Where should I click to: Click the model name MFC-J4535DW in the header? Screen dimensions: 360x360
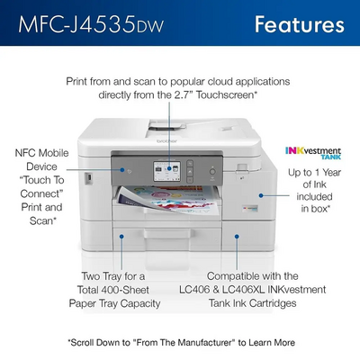(91, 24)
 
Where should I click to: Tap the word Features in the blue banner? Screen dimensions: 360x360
(300, 24)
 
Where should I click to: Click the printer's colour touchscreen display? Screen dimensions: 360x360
(167, 171)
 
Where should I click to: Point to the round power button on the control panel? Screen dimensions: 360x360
(212, 172)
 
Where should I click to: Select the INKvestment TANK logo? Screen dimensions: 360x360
(313, 152)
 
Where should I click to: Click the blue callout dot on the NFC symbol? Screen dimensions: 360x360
(122, 170)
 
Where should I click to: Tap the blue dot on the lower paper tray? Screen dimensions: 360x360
(121, 237)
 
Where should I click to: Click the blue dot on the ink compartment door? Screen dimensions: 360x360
(261, 195)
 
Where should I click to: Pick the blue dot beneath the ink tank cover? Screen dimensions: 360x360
(237, 237)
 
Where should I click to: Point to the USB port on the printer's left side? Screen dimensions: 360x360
(88, 177)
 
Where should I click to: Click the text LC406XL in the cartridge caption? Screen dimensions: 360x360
(243, 290)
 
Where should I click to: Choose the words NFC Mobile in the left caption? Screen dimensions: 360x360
(41, 153)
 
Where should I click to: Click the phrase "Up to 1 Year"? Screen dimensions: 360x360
(314, 173)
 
